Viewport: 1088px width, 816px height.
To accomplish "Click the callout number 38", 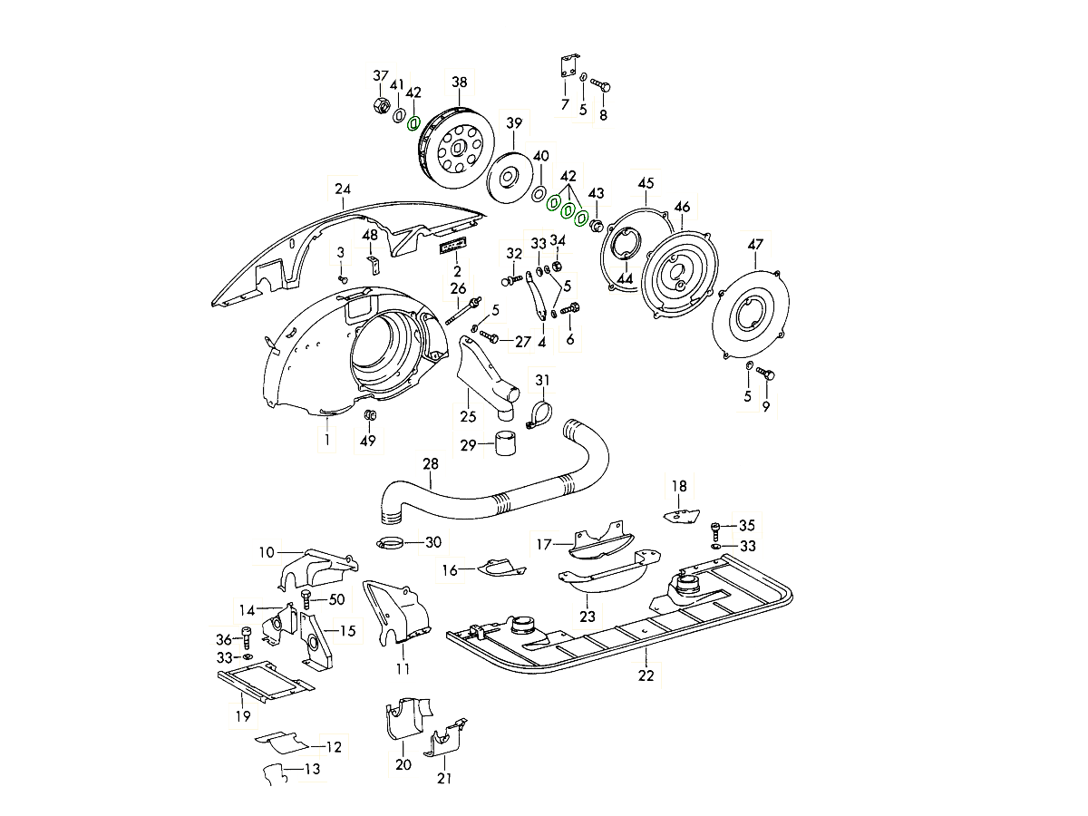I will click(460, 83).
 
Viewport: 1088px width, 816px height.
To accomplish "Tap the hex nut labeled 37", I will click(379, 105).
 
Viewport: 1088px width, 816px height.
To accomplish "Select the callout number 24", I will click(342, 189).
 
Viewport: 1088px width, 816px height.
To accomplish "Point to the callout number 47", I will click(755, 244).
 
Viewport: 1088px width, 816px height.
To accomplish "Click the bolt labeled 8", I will click(600, 84).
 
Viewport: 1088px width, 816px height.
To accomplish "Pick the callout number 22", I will click(646, 675).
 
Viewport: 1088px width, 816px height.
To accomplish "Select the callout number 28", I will click(430, 464).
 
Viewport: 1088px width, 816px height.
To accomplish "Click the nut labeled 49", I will click(369, 415).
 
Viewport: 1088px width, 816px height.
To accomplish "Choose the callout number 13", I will click(312, 770).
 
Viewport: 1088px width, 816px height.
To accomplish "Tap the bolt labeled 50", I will click(306, 599).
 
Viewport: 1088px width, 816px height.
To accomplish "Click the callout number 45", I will click(646, 183).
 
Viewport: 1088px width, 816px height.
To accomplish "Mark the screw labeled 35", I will click(718, 526).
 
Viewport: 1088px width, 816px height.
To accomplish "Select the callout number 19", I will click(242, 716).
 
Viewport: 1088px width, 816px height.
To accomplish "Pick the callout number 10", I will click(266, 551).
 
